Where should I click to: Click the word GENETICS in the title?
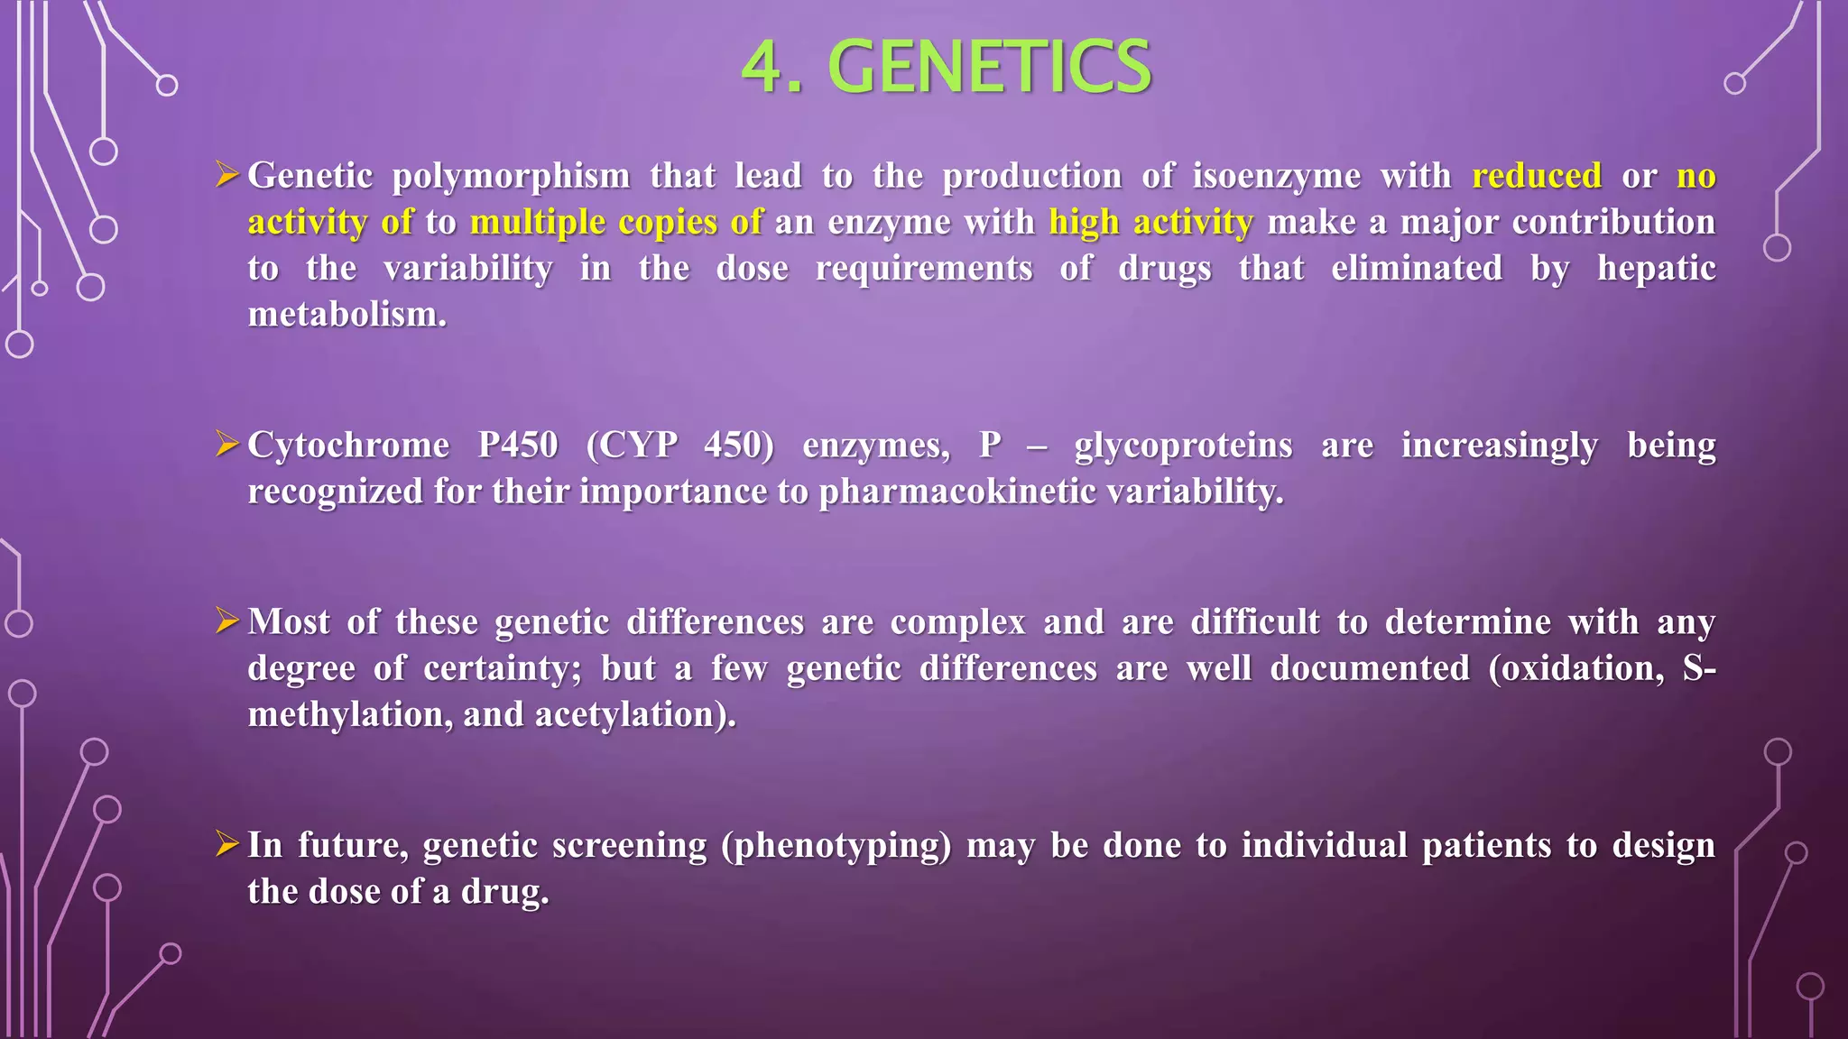[989, 67]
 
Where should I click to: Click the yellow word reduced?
[1537, 175]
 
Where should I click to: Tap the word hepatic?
[1656, 269]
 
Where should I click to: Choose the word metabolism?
[346, 315]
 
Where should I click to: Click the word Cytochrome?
[348, 446]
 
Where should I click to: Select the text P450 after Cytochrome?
[518, 446]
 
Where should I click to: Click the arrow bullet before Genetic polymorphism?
[226, 173]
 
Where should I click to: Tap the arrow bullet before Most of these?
[226, 620]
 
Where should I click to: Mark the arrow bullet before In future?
[226, 843]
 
